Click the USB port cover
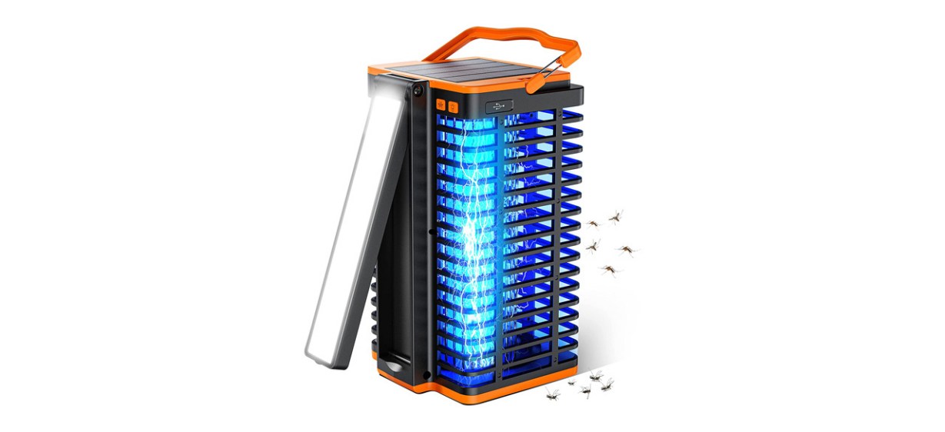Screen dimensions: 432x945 (x=501, y=105)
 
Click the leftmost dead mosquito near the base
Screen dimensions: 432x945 (x=552, y=394)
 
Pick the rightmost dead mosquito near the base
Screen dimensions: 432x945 (x=608, y=382)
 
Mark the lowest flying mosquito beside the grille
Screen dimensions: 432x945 (x=609, y=270)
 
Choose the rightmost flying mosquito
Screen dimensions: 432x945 (x=627, y=249)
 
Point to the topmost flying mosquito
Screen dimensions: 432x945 (x=616, y=216)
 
